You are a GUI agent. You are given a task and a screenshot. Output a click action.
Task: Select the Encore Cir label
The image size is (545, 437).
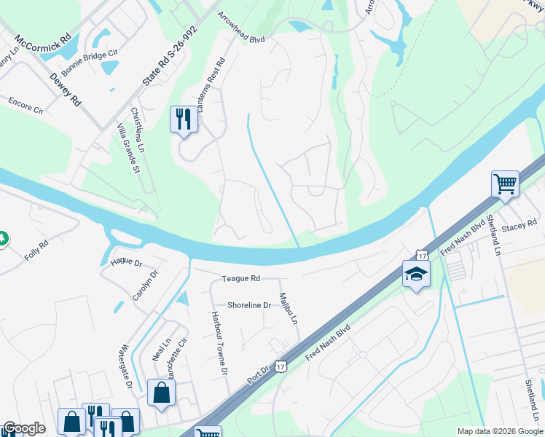click(x=26, y=106)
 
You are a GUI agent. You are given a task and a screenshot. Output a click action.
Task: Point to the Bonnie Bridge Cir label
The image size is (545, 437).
click(x=90, y=63)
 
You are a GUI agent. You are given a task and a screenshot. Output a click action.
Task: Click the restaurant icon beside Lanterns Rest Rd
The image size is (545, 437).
click(x=183, y=119)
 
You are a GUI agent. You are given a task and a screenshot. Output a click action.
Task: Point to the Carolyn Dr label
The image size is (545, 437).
click(x=143, y=286)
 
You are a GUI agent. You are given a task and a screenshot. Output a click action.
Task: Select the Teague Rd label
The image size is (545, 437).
click(x=241, y=278)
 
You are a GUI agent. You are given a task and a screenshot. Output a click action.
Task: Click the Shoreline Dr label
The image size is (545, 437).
click(x=248, y=305)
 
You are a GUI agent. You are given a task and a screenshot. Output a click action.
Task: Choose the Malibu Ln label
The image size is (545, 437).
click(x=289, y=310)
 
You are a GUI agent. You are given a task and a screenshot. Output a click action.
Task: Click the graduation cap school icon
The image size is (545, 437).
click(x=416, y=274)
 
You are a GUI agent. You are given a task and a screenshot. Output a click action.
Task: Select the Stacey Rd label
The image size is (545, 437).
click(x=518, y=227)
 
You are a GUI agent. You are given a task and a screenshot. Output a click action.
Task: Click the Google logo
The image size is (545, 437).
click(x=24, y=428)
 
